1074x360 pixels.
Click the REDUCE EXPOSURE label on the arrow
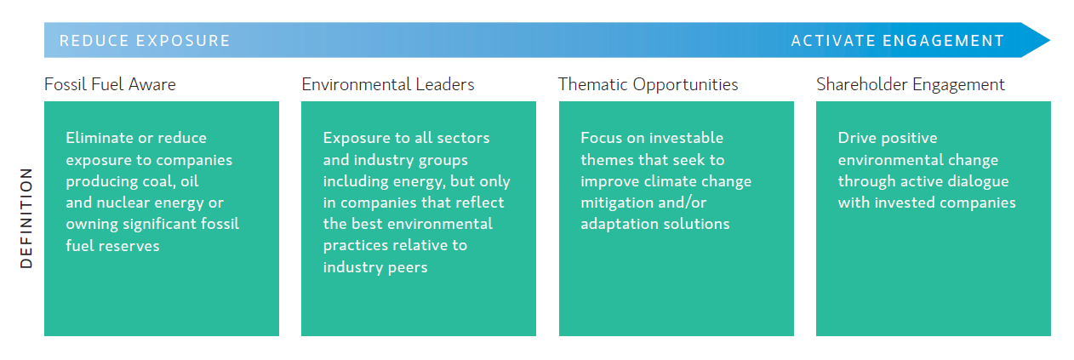click(x=145, y=41)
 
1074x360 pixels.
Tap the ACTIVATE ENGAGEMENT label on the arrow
click(x=898, y=41)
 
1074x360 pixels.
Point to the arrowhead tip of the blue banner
click(x=1050, y=40)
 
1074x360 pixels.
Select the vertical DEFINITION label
click(x=26, y=218)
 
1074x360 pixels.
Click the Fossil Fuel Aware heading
click(x=110, y=84)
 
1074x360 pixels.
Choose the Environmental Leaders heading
click(x=388, y=84)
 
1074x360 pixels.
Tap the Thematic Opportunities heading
click(x=648, y=85)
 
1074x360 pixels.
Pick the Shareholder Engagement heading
click(x=910, y=85)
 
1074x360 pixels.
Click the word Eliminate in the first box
click(x=100, y=138)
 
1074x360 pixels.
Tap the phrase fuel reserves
click(x=112, y=245)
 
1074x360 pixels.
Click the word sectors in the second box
click(x=463, y=138)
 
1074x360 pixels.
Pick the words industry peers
click(x=375, y=267)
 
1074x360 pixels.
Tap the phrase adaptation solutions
click(x=655, y=224)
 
